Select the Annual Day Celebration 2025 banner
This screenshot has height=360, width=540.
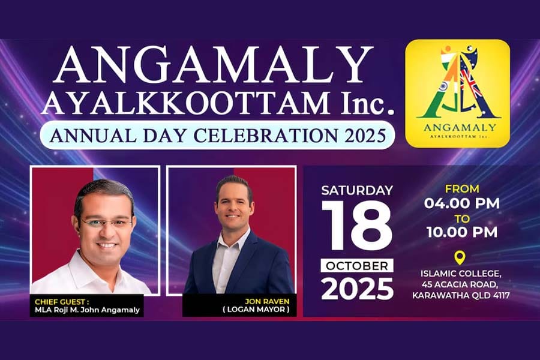pos(217,134)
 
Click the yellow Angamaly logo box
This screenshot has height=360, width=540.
pos(457,93)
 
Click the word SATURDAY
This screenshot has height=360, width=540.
pos(357,190)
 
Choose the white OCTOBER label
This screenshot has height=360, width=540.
pos(357,265)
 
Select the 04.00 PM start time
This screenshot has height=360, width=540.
pos(462,203)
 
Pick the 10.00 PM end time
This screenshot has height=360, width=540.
pos(462,232)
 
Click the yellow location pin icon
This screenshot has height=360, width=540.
pos(460,258)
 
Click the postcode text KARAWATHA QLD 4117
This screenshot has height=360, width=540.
pos(461,295)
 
